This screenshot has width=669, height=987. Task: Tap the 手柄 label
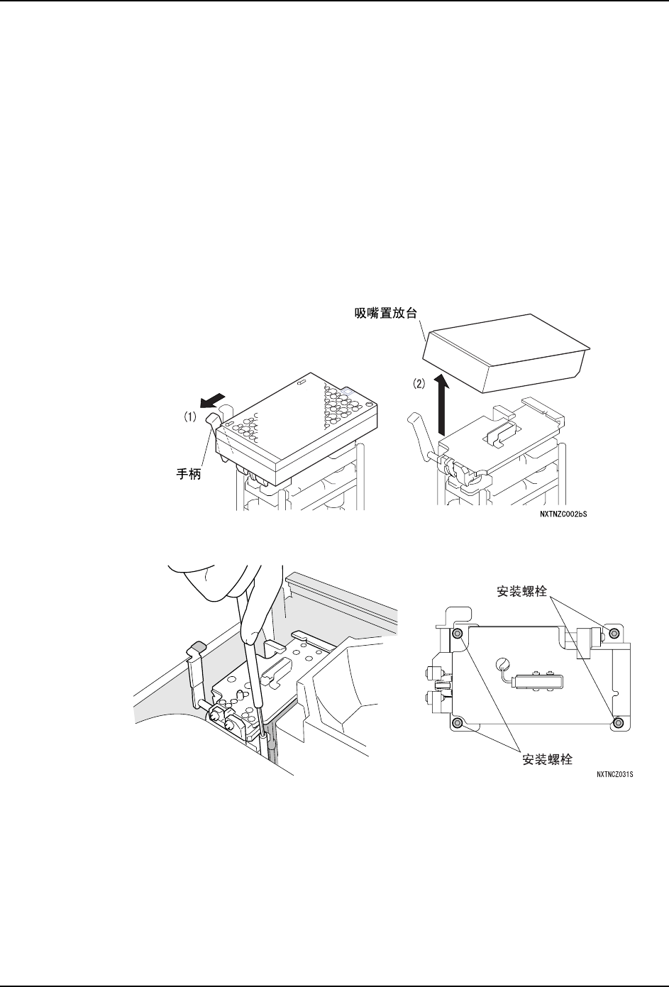click(188, 474)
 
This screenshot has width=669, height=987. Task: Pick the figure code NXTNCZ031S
click(614, 775)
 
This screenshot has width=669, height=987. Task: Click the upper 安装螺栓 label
click(521, 590)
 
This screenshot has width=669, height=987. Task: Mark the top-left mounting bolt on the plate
click(458, 633)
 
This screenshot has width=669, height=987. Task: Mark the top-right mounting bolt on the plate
click(614, 633)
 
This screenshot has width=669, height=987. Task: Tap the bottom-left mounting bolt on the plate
click(458, 723)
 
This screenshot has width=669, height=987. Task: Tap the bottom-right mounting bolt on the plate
click(619, 722)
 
